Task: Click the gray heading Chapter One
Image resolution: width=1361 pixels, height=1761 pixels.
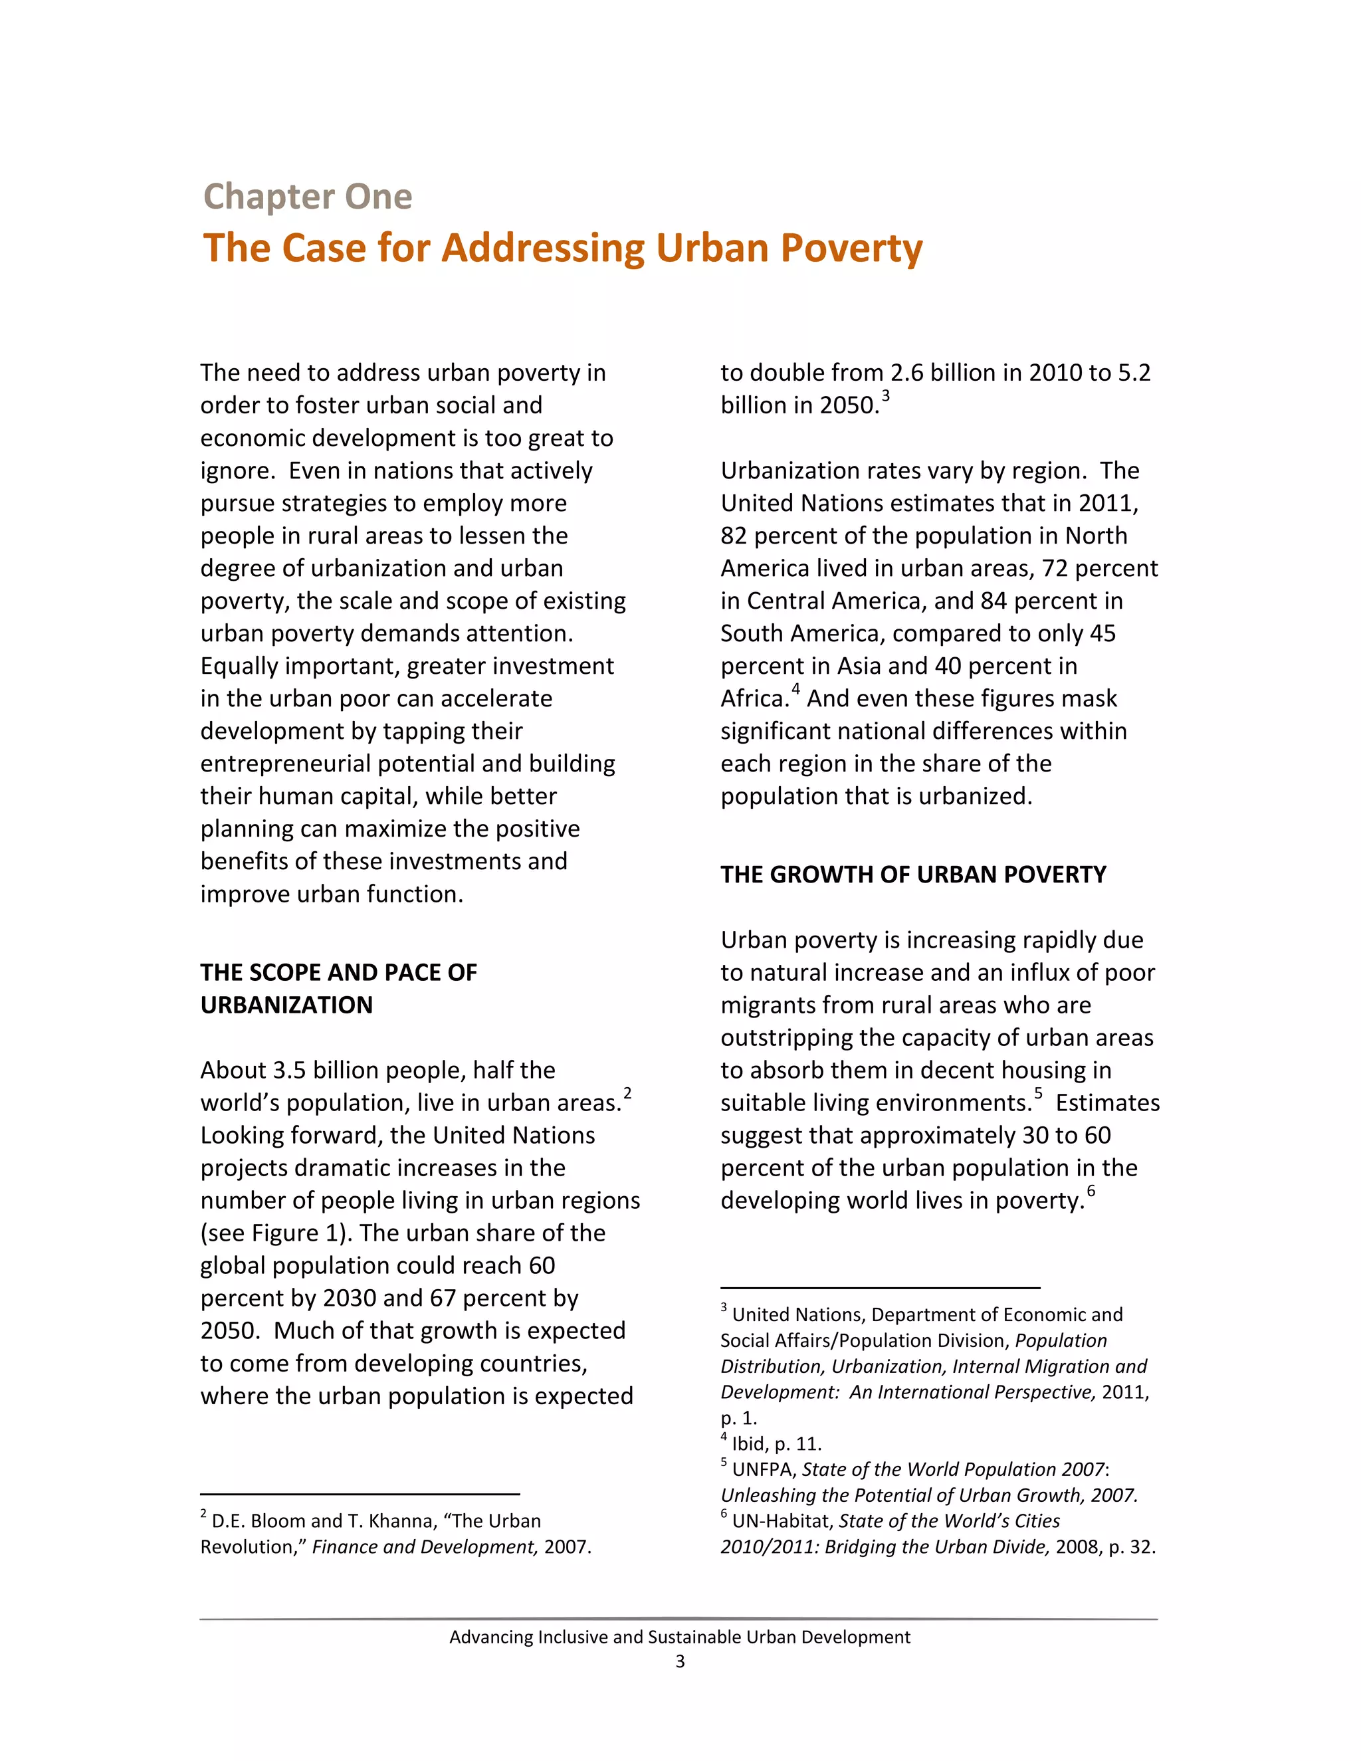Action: (x=307, y=197)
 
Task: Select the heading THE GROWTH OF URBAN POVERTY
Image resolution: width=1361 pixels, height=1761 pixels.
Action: (x=912, y=875)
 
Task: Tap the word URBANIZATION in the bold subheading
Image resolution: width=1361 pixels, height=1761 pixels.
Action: (x=286, y=1005)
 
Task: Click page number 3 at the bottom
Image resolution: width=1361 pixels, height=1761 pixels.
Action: (x=680, y=1661)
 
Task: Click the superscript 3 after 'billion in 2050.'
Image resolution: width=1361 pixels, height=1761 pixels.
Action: (x=885, y=396)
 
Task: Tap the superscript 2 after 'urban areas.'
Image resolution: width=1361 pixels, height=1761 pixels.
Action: (x=627, y=1093)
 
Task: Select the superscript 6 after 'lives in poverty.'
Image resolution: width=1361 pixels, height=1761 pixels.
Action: (x=1091, y=1191)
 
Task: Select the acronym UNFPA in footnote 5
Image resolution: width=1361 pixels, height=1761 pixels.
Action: (x=761, y=1469)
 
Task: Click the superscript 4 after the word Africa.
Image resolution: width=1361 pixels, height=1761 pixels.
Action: (x=795, y=689)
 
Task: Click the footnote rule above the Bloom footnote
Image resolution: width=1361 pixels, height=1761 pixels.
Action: (x=360, y=1494)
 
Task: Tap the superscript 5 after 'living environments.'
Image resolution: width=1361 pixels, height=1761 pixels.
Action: (x=1039, y=1093)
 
